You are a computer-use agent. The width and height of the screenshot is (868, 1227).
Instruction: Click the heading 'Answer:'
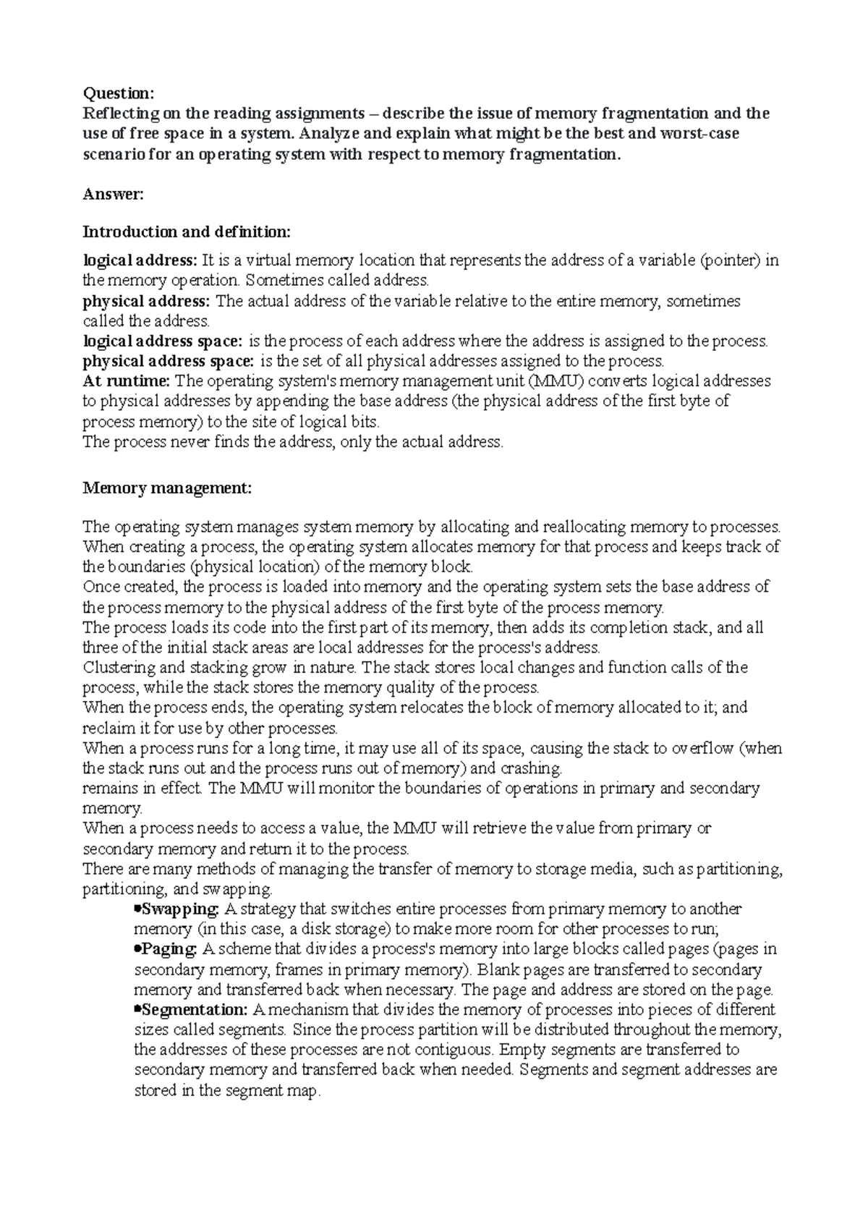pyautogui.click(x=114, y=193)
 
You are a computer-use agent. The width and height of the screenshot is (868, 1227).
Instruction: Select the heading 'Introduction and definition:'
pyautogui.click(x=187, y=232)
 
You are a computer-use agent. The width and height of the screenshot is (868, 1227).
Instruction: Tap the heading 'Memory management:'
pyautogui.click(x=167, y=488)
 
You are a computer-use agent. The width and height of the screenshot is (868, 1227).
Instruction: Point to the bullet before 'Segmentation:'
pyautogui.click(x=137, y=1009)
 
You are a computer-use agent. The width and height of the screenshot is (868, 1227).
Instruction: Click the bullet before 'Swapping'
pyautogui.click(x=137, y=909)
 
